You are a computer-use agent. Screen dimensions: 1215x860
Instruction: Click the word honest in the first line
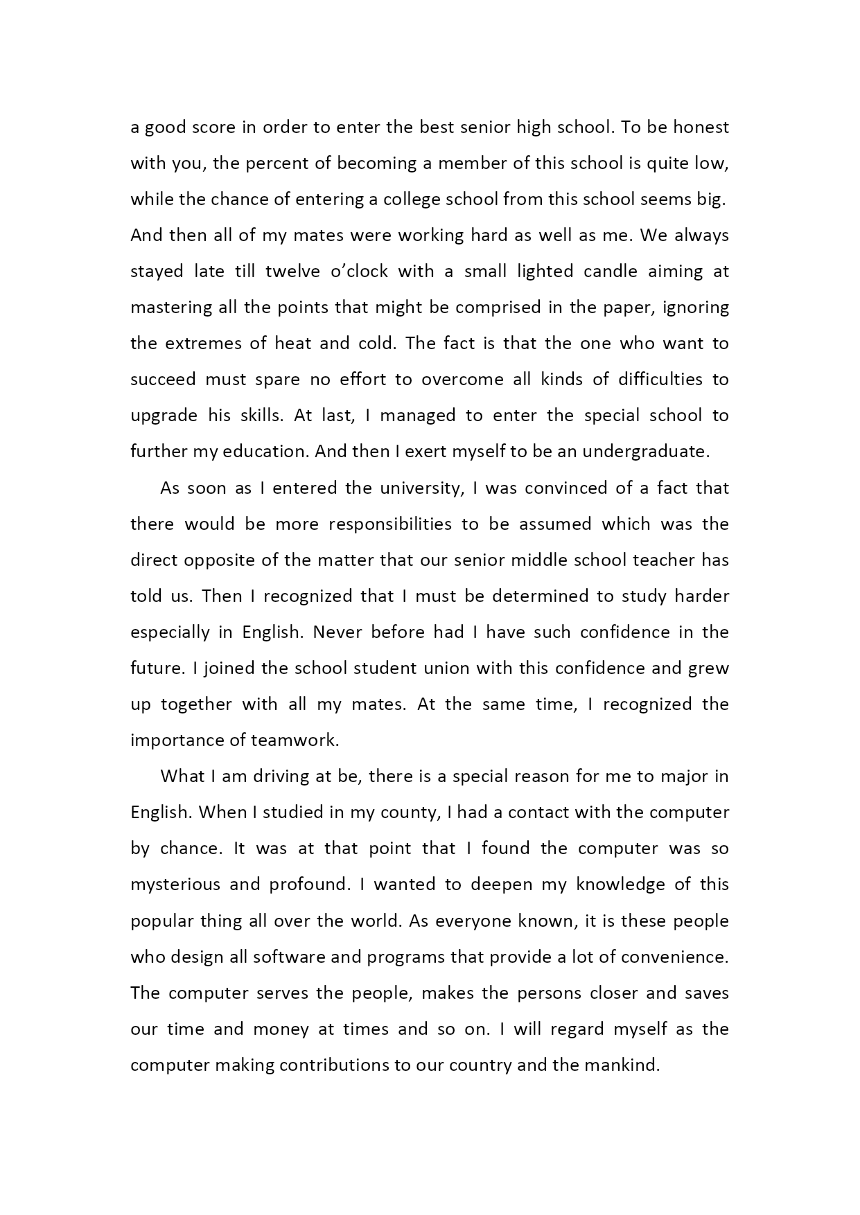(701, 127)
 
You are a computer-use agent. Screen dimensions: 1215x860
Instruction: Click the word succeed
(163, 380)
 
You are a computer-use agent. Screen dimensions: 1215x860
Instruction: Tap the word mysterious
(175, 885)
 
